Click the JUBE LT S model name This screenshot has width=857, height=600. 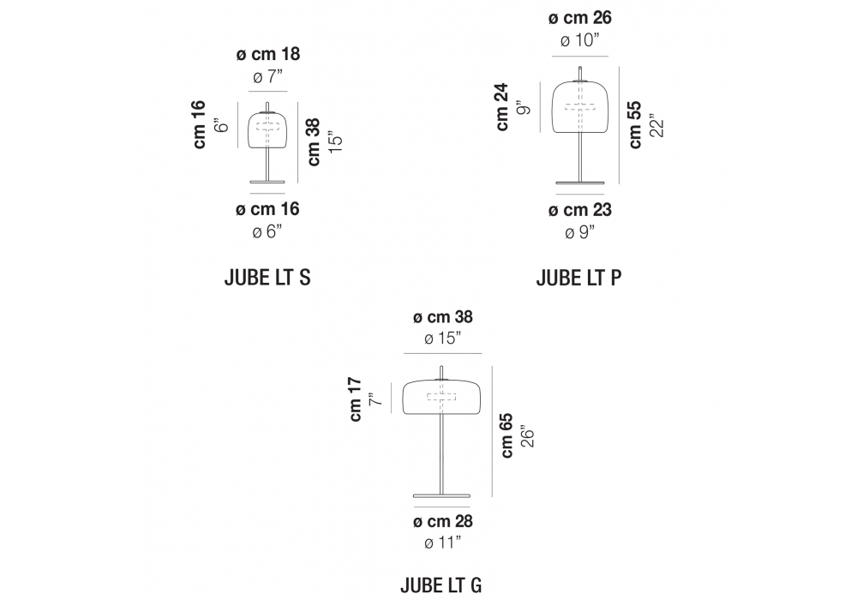[267, 278]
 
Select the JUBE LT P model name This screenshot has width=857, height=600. [578, 278]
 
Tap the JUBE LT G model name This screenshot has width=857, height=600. [441, 585]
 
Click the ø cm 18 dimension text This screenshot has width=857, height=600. [267, 54]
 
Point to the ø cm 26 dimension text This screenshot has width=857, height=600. [580, 18]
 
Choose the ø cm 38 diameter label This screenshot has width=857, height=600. [443, 317]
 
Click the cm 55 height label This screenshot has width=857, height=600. [635, 124]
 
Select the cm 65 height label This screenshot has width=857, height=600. [506, 435]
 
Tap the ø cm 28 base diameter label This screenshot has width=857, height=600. [443, 521]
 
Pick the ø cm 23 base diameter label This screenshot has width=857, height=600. [580, 210]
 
